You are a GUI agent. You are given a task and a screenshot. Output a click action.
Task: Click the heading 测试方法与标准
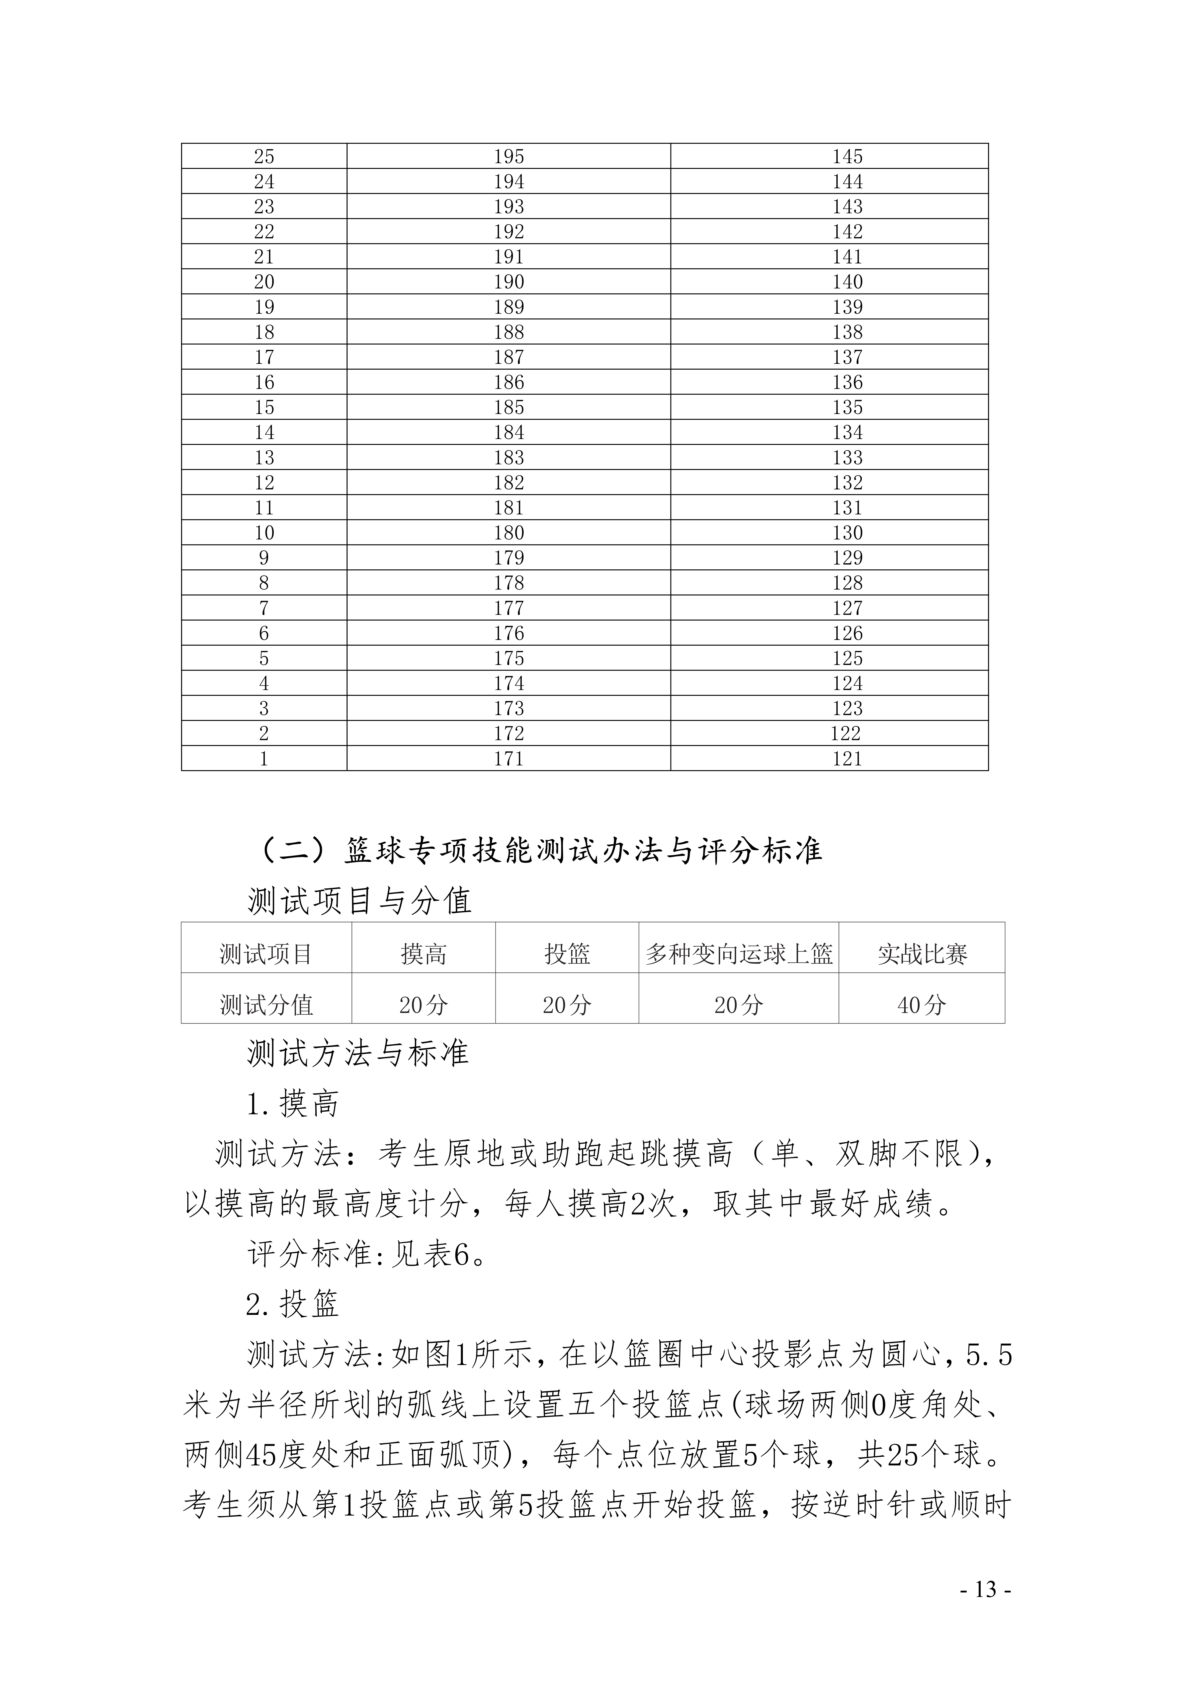(358, 1053)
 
